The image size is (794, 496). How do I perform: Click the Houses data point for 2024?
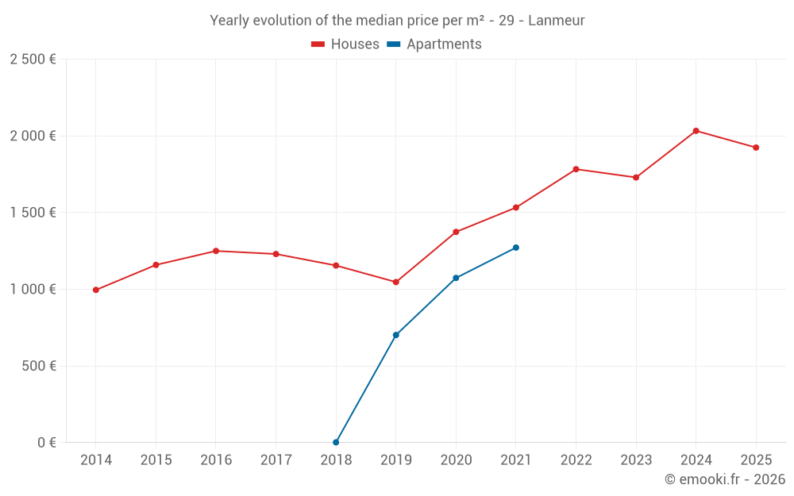point(696,131)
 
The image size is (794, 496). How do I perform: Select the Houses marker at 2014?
point(96,290)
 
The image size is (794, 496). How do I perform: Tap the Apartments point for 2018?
point(336,442)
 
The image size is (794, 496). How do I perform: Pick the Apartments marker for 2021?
point(515,248)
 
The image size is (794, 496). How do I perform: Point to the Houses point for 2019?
point(396,282)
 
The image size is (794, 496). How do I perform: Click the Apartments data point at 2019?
point(396,335)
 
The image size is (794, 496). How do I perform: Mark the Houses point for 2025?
point(756,148)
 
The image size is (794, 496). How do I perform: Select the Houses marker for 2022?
point(576,169)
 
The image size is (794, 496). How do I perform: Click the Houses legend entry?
point(345,44)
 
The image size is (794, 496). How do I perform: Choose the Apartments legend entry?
point(434,44)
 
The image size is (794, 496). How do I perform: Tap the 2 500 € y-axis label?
point(33,60)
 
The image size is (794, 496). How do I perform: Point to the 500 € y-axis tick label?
point(39,366)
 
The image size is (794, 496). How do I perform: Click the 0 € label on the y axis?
point(47,442)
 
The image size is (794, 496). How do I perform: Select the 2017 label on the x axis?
point(276,459)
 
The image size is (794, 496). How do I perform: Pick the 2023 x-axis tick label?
point(636,459)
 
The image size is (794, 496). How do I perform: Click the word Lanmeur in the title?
point(557,21)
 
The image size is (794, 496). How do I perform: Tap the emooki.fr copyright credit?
point(725,479)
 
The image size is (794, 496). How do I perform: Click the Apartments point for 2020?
point(456,278)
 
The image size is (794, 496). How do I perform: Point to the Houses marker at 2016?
point(216,251)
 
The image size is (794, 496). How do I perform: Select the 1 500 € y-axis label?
point(33,213)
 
